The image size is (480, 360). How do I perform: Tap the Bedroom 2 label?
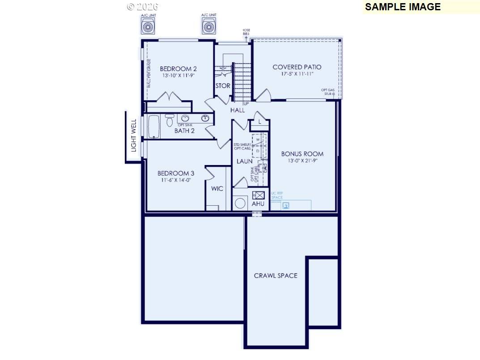click(x=178, y=69)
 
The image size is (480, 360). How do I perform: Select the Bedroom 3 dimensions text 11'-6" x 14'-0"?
click(x=176, y=180)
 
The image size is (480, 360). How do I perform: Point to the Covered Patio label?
click(x=297, y=67)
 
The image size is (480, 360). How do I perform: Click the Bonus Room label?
click(x=302, y=154)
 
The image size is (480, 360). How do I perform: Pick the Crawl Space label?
click(x=276, y=275)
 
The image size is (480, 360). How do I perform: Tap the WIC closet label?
click(x=217, y=189)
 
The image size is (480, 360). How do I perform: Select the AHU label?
click(x=258, y=204)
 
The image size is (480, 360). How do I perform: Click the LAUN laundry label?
click(x=244, y=161)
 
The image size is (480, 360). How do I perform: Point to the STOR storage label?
click(x=223, y=86)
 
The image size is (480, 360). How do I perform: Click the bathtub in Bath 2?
click(x=153, y=127)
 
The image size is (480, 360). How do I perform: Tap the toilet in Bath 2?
click(x=170, y=121)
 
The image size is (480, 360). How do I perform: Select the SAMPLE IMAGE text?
click(x=403, y=7)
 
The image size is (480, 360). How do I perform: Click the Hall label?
click(x=238, y=110)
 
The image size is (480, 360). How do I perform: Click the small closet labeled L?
click(x=260, y=122)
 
